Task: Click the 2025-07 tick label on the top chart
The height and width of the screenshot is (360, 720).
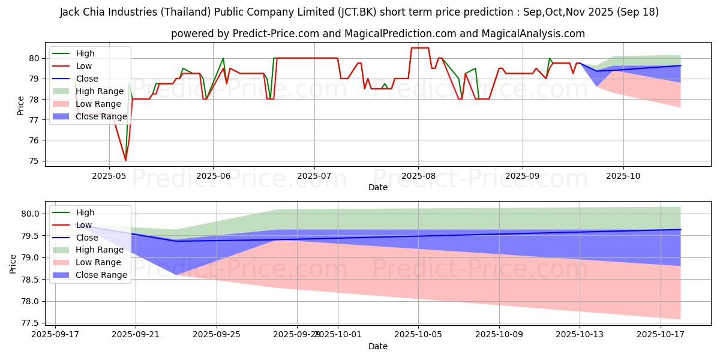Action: (314, 176)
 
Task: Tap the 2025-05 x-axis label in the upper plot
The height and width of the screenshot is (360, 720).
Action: (109, 176)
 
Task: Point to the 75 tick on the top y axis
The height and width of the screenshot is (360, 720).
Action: (34, 161)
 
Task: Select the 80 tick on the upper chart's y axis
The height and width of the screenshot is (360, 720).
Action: (34, 58)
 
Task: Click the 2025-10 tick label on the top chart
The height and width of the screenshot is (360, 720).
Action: (623, 176)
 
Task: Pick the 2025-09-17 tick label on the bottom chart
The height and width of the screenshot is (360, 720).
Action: (55, 334)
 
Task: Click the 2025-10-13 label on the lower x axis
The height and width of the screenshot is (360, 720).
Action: (580, 334)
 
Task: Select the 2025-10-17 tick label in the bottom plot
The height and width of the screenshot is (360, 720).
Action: (661, 334)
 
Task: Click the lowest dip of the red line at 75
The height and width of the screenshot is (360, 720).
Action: (125, 161)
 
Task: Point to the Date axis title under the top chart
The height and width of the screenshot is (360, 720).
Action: (378, 187)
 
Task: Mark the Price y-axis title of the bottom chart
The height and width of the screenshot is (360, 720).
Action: (13, 264)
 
